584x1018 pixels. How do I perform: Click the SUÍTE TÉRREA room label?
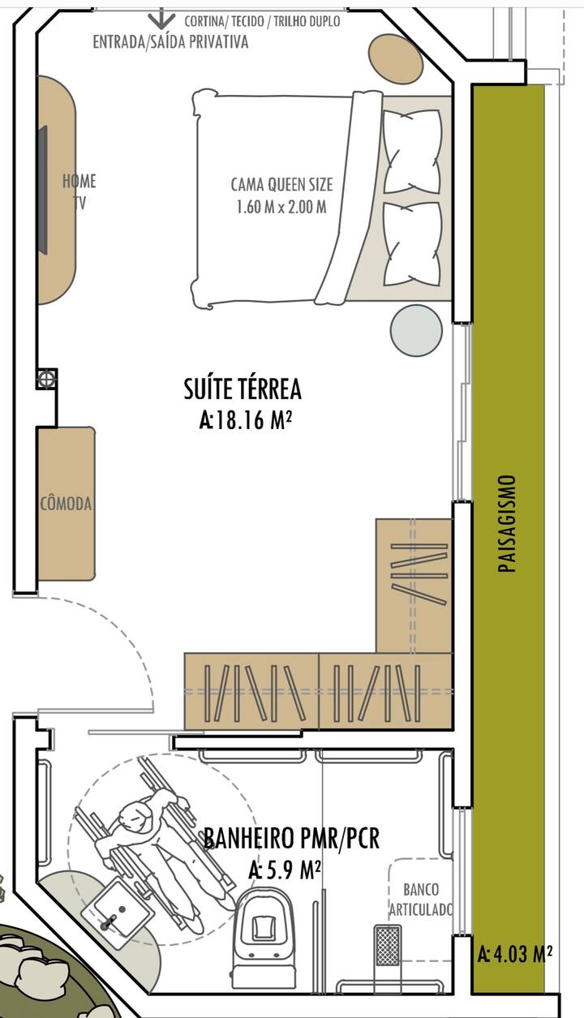pos(243,389)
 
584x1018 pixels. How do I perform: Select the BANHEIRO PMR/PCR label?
pos(291,839)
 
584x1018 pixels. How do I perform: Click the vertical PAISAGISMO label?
pos(508,523)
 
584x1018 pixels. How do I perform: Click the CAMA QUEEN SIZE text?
pos(281,184)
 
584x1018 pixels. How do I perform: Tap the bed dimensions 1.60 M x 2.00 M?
pos(281,207)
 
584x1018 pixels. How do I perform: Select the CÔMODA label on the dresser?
pos(66,504)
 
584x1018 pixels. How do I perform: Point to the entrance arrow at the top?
pos(161,19)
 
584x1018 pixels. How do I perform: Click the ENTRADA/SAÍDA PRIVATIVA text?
pos(170,42)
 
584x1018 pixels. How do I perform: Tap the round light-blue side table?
pos(416,330)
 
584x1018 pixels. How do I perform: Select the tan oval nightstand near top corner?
pos(395,60)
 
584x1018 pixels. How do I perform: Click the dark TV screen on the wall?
pos(42,190)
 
